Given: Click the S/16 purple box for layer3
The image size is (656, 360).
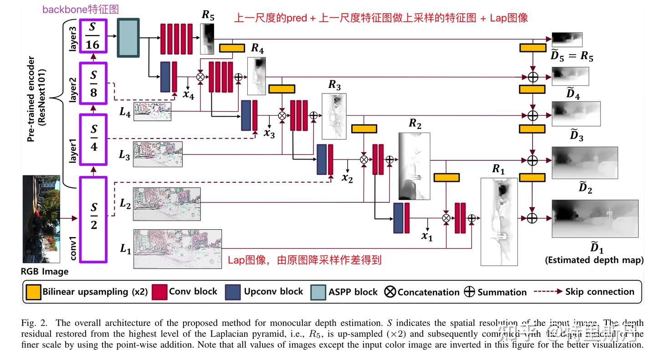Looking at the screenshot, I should coord(92,36).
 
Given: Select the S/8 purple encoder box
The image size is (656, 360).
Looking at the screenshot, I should coord(92,84).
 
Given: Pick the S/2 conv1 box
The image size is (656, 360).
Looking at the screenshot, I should coord(93,220).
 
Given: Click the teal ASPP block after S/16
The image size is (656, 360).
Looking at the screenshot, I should coord(128,37).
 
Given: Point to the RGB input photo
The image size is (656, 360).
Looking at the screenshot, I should coord(41,219).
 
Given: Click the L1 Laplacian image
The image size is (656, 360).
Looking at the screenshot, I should coord(177,249).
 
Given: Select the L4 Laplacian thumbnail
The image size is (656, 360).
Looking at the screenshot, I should coord(152,112).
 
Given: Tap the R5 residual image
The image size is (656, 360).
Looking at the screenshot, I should coord(207,38).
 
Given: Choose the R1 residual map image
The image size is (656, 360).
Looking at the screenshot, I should coord(499,221).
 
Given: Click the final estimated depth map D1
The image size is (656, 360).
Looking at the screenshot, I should coord(594,218).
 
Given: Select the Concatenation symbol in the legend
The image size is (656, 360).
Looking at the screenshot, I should coord(390,292).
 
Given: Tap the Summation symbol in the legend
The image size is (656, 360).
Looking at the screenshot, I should coord(469,292).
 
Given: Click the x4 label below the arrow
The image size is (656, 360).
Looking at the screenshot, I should coord(188,95).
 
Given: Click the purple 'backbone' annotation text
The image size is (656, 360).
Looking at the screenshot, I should coord(80,9).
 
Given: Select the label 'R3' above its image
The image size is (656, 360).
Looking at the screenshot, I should coord(334,85).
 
